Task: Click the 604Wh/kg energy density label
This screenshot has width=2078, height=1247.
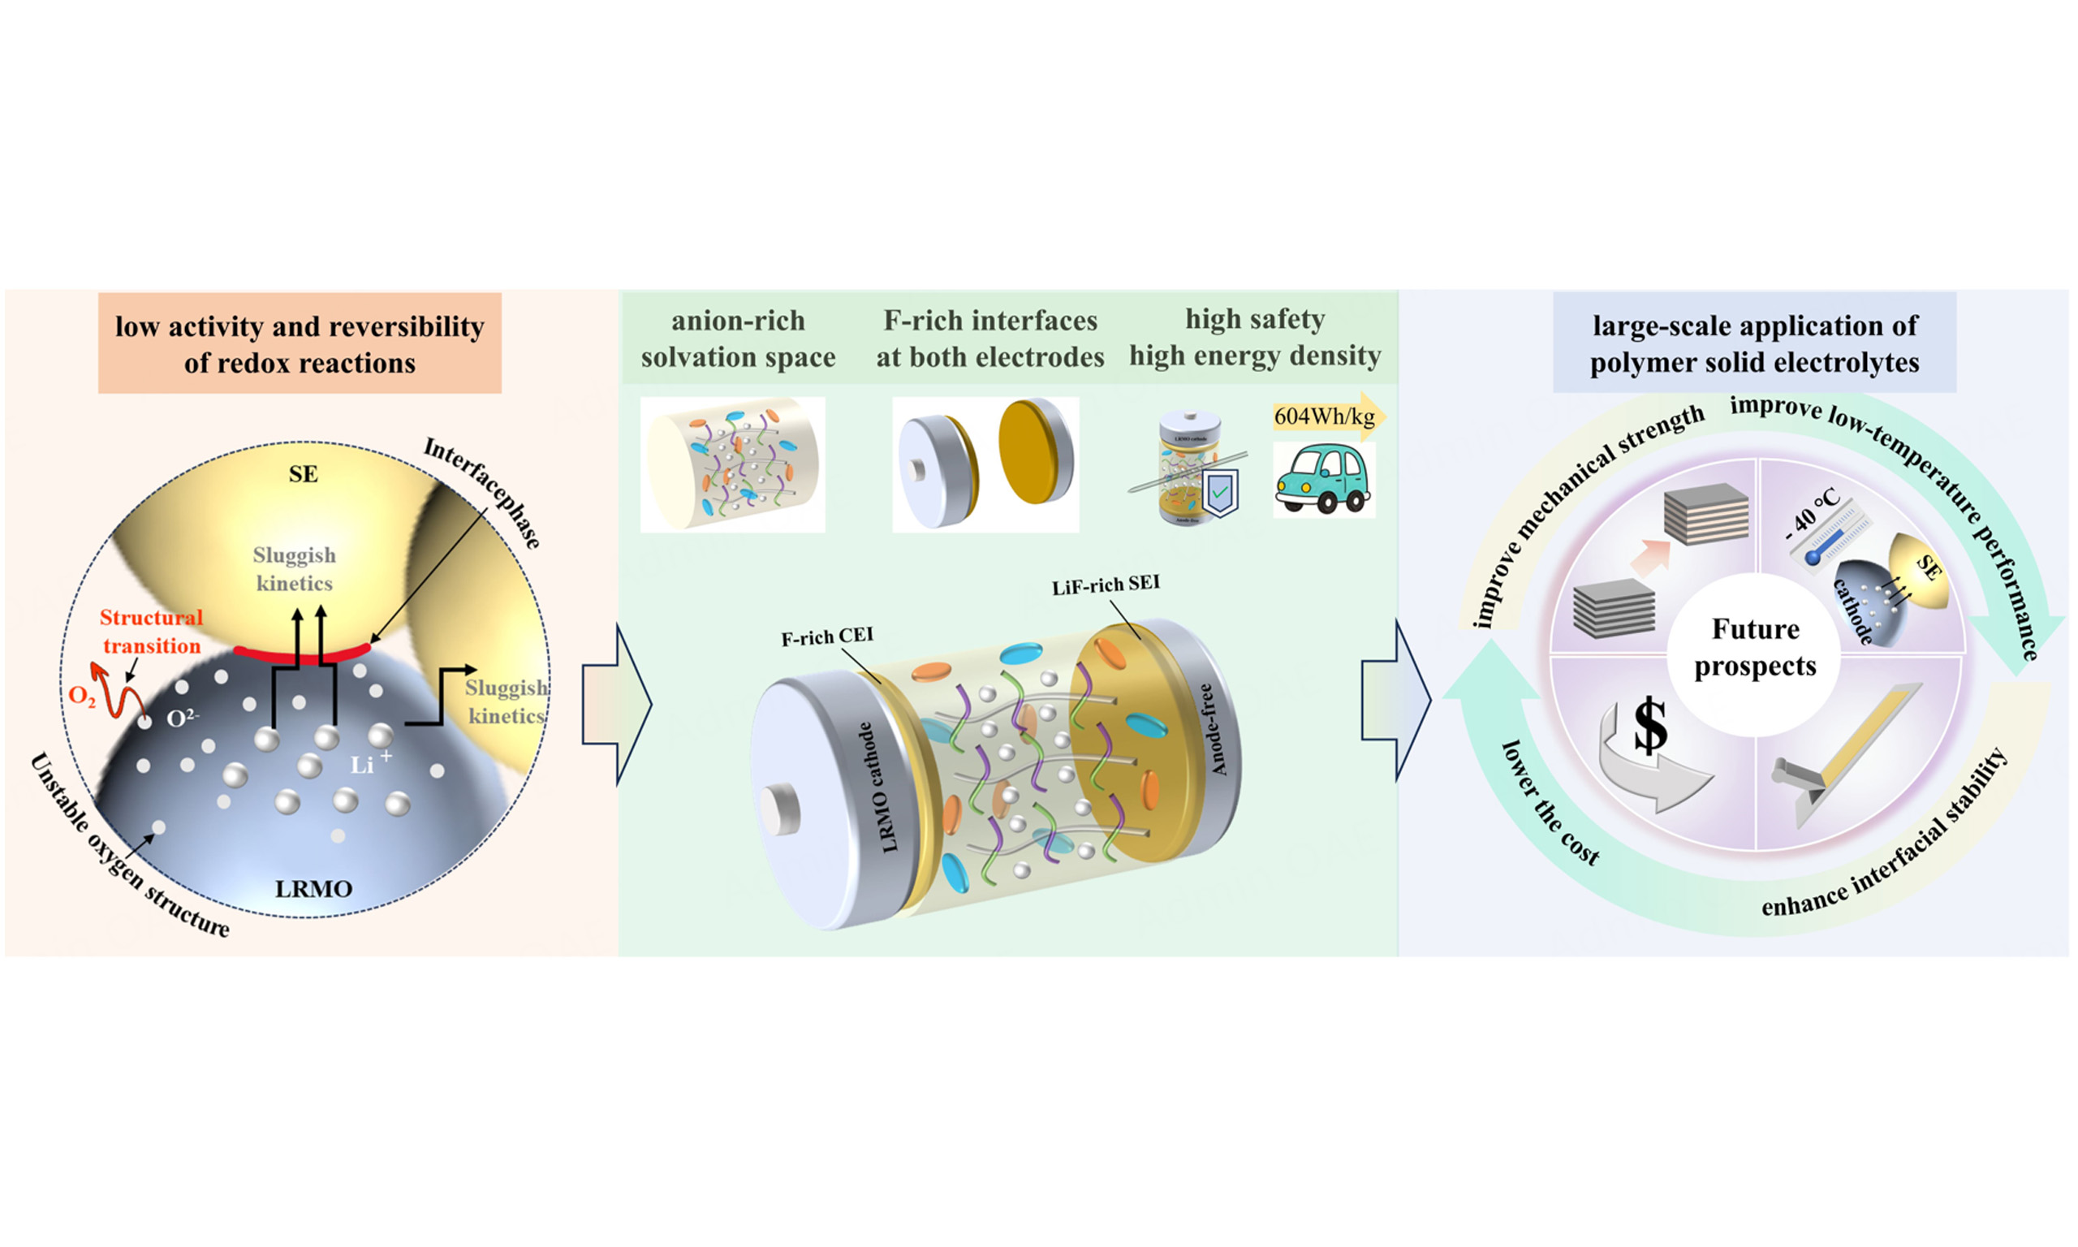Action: (x=1324, y=416)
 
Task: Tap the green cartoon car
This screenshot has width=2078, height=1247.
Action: (x=1322, y=480)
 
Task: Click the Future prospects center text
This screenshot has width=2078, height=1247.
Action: (x=1755, y=647)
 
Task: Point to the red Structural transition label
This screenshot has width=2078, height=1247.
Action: (x=151, y=631)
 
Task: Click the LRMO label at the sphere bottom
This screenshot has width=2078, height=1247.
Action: (x=313, y=889)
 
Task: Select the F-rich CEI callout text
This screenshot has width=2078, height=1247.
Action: (x=826, y=637)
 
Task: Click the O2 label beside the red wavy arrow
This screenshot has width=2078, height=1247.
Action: (x=81, y=696)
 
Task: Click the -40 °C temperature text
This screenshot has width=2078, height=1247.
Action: (x=1812, y=513)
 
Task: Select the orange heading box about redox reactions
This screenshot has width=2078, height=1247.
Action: (x=300, y=343)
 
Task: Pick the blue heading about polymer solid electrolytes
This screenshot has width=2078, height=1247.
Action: (x=1754, y=343)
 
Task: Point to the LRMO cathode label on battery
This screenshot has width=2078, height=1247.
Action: (x=877, y=787)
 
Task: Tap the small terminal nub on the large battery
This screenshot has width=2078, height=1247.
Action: (x=778, y=809)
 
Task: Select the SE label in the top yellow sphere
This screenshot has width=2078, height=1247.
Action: (x=304, y=474)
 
